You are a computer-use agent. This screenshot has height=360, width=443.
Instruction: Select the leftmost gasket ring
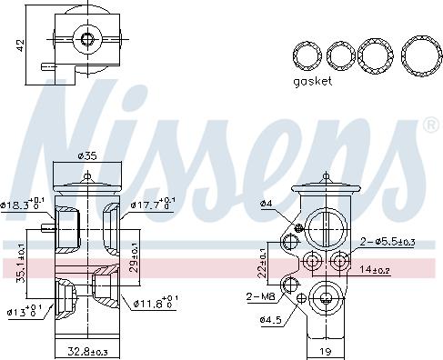[x=307, y=55]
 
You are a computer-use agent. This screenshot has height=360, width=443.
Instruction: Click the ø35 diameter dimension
[x=87, y=156]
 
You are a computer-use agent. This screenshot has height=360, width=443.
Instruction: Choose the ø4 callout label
[x=266, y=203]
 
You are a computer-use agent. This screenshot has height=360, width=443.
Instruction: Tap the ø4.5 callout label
[x=269, y=320]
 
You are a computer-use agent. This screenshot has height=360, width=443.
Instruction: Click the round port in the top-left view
[x=86, y=38]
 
